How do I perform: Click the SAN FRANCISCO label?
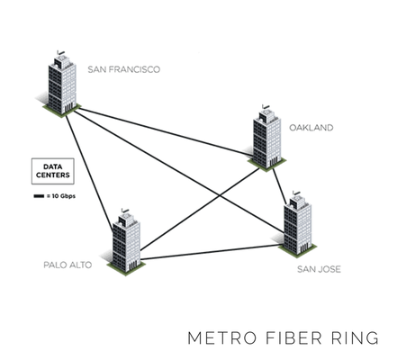click(x=124, y=67)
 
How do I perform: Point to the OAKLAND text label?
click(x=311, y=128)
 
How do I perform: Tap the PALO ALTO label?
click(x=68, y=265)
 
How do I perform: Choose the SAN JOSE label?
click(x=319, y=268)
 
